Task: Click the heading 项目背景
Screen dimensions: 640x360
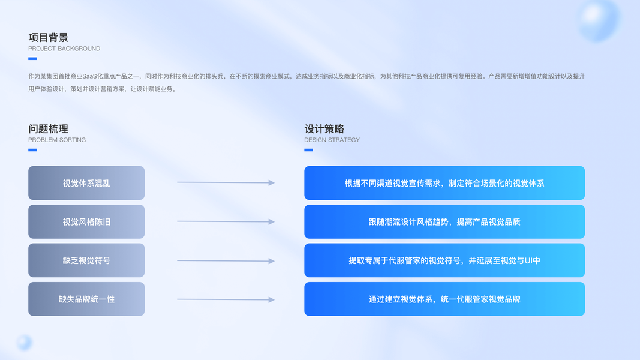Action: [49, 37]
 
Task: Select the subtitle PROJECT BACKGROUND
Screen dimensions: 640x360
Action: [64, 49]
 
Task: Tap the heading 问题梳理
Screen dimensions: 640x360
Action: [49, 128]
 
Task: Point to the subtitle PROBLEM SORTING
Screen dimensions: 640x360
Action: [57, 140]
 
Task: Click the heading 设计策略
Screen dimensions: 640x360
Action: [324, 128]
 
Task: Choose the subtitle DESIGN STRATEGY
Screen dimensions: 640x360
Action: [332, 140]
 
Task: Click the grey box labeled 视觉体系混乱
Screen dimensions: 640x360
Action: [86, 183]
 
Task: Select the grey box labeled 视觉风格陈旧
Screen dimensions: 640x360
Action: [86, 221]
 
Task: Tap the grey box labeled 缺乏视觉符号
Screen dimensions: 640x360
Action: [86, 260]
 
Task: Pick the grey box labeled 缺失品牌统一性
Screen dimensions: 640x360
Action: [86, 299]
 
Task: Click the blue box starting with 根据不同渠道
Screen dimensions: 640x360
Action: [444, 183]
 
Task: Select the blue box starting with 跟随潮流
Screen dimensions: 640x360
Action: [444, 221]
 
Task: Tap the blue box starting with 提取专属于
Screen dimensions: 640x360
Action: [444, 260]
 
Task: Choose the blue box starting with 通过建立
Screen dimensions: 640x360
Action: [444, 299]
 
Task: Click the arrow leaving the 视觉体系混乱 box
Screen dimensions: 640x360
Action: [226, 182]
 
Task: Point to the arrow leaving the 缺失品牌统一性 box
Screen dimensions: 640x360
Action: [226, 299]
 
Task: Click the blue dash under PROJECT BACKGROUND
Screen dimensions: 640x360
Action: [32, 59]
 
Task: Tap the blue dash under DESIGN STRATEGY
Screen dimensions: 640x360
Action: [308, 150]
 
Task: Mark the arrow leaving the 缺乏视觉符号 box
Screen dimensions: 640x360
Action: [226, 260]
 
